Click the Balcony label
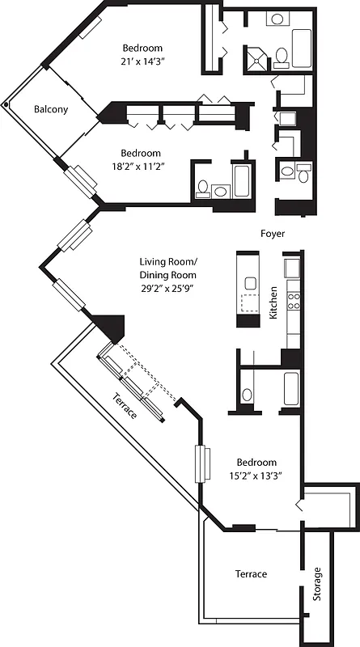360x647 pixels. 51,109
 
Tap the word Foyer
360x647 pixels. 272,234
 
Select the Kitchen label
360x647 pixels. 274,302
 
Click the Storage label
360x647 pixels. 317,582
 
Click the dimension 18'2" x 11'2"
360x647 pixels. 141,167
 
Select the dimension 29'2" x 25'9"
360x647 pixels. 167,288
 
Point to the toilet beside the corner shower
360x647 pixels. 282,55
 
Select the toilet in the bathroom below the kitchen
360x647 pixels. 247,395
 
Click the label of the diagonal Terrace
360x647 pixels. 125,404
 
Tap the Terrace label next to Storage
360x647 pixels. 251,573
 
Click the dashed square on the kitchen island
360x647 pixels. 251,303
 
